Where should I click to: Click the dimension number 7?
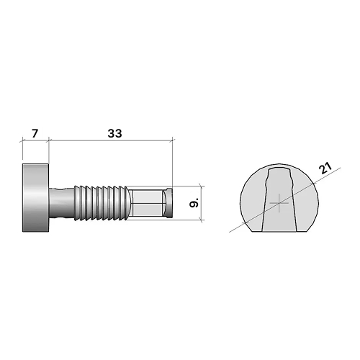pyautogui.click(x=35, y=133)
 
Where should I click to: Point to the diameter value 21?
pyautogui.click(x=325, y=169)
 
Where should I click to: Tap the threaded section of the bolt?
pyautogui.click(x=101, y=202)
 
